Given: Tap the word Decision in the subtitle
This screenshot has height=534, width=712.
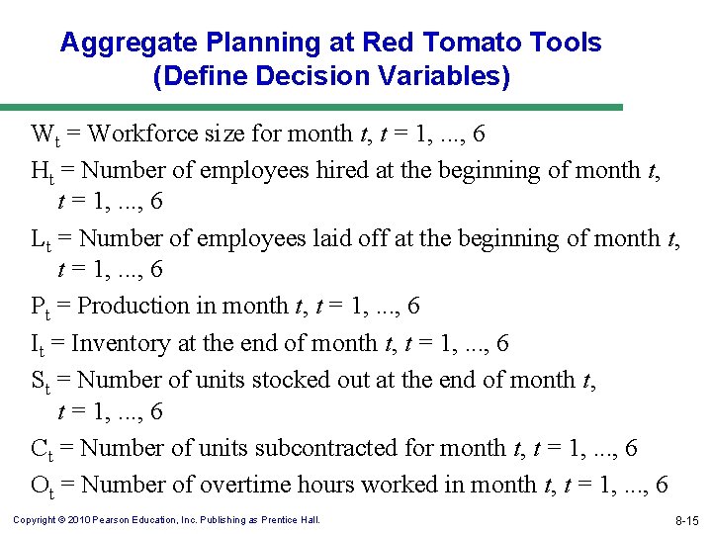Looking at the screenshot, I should (311, 77).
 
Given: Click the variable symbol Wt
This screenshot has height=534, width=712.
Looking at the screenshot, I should (44, 134).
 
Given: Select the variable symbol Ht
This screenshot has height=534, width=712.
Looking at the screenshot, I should (43, 171).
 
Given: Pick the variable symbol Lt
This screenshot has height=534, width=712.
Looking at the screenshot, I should (41, 239).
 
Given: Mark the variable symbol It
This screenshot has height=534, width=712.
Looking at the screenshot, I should (38, 344).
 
